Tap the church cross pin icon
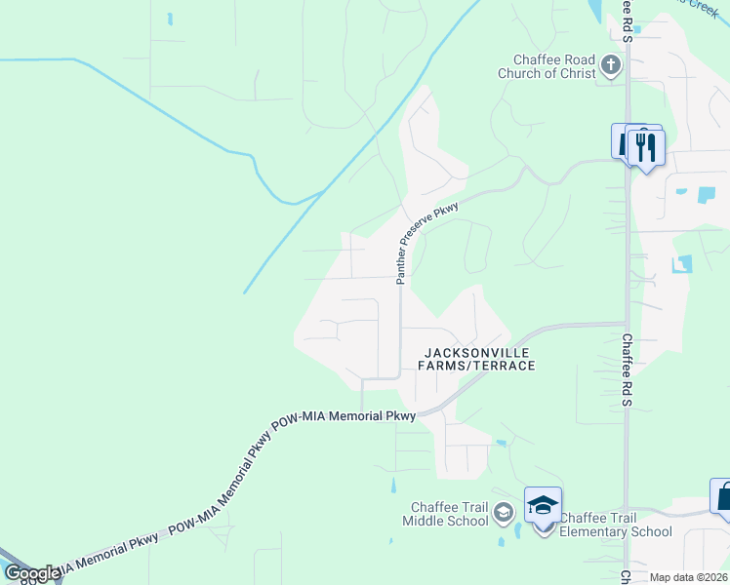point(611,65)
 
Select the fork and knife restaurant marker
point(645,147)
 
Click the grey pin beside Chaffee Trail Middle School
point(504,512)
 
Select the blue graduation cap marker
point(544,506)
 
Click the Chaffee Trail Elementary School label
point(616,525)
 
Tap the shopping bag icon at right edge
point(723,497)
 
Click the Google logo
point(32,573)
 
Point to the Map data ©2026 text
point(688,577)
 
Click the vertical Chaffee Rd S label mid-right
point(629,371)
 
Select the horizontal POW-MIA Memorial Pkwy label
point(350,416)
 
